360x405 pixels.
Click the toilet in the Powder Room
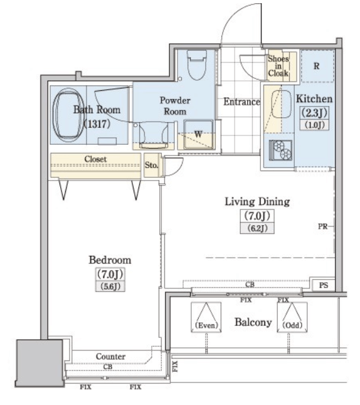point(197,65)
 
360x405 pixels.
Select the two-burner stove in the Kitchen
point(280,150)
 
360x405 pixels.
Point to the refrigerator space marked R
point(317,66)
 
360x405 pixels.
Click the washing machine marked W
point(198,134)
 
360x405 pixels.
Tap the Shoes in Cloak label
point(278,66)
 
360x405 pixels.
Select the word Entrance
point(241,102)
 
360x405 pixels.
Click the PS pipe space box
point(323,285)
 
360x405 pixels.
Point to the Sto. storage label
point(151,165)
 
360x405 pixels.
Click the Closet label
point(95,159)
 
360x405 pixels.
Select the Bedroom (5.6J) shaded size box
point(110,287)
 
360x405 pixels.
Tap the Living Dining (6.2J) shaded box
point(257,229)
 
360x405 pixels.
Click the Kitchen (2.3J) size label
point(314,113)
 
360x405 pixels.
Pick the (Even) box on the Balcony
point(206,317)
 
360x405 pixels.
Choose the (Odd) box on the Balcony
point(292,317)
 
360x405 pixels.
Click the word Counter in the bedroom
point(110,357)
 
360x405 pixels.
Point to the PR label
point(323,226)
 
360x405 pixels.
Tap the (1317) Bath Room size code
point(98,124)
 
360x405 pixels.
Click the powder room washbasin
point(153,135)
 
